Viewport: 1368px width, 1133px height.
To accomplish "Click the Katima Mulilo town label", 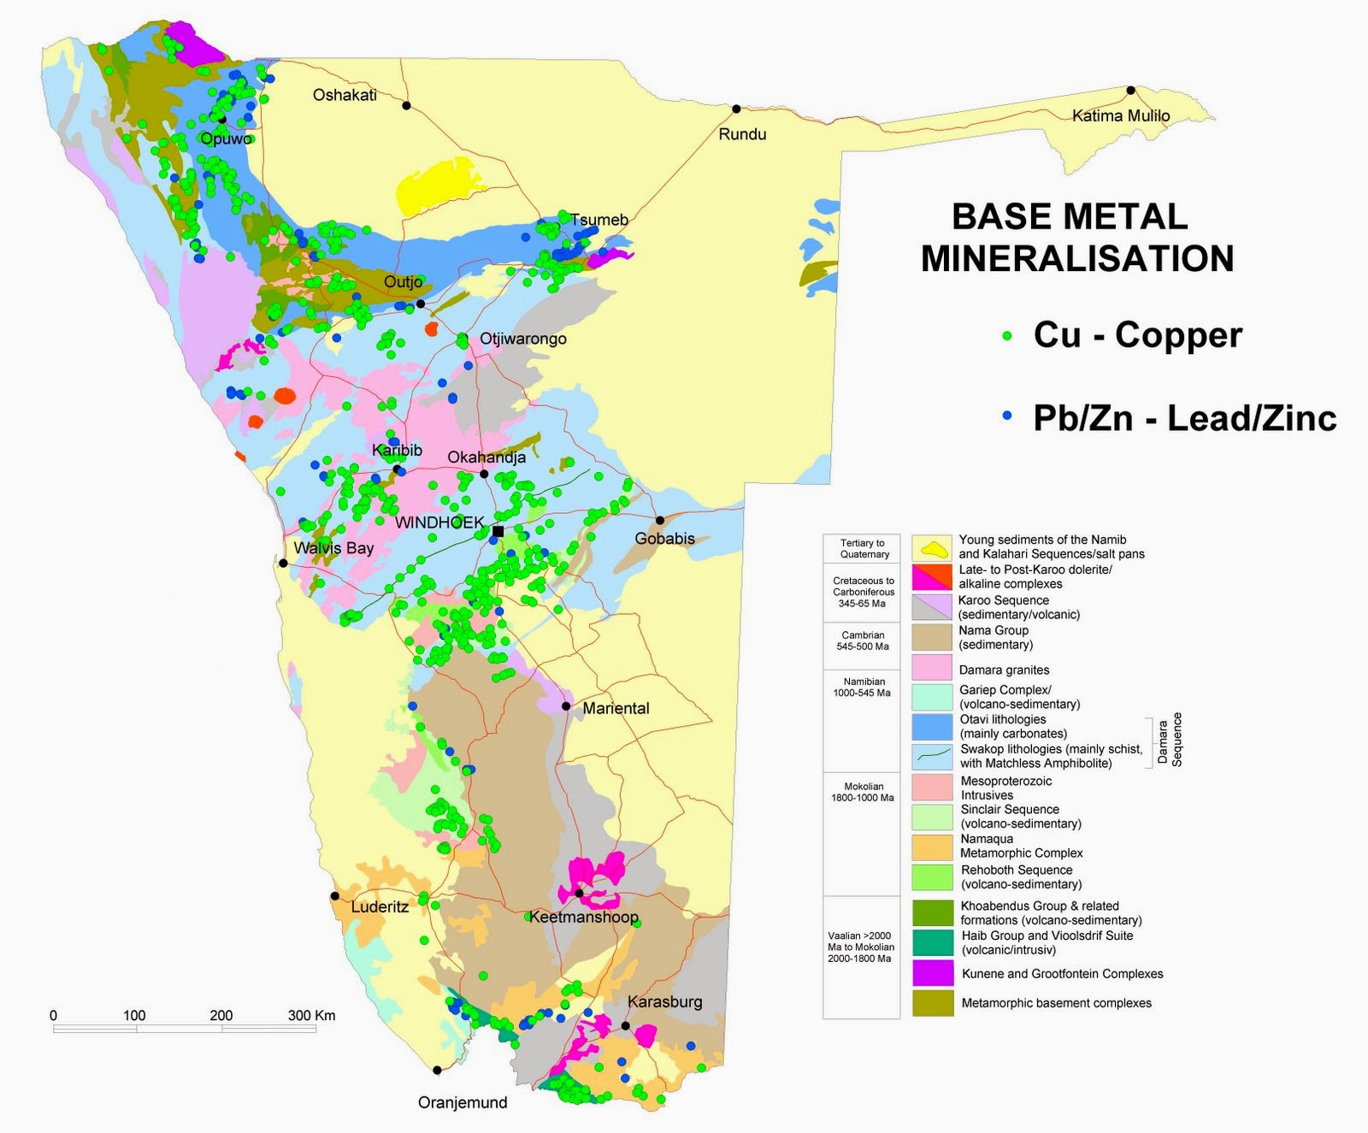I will tap(1121, 115).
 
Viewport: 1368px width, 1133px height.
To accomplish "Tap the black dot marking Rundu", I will tap(736, 109).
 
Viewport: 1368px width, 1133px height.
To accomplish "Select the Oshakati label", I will tap(345, 95).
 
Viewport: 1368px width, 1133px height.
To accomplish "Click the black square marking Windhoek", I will tap(498, 531).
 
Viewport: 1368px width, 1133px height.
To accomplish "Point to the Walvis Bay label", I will tap(333, 547).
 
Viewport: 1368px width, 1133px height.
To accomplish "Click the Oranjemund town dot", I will tap(437, 1070).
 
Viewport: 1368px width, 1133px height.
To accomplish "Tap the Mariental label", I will tap(616, 708).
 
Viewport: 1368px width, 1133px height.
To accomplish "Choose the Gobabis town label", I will tap(664, 538).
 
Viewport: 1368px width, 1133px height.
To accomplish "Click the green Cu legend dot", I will tap(1007, 336).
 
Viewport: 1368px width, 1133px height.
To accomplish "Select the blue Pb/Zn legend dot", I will tap(1007, 415).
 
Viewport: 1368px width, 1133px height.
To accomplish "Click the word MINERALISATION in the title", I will tap(1076, 258).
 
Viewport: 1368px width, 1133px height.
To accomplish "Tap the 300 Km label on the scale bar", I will tap(311, 1015).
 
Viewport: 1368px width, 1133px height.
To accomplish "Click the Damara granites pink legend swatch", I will tap(932, 668).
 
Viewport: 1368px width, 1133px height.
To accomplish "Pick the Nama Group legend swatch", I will tap(932, 637).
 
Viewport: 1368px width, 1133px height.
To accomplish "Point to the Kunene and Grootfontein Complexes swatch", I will tap(932, 973).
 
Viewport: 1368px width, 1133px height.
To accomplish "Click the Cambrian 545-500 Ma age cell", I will tap(862, 640).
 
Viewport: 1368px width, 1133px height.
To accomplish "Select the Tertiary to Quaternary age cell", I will tap(862, 548).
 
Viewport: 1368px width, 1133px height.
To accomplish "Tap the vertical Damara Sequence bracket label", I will tap(1170, 741).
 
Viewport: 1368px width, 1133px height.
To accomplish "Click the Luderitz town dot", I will tap(334, 896).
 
